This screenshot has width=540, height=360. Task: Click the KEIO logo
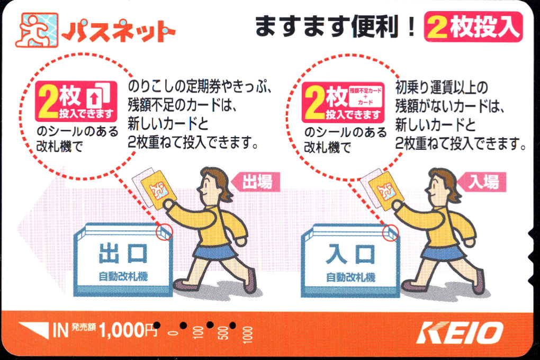point(459,332)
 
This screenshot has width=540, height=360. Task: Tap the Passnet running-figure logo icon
point(37,30)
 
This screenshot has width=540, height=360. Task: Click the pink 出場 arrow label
point(255,182)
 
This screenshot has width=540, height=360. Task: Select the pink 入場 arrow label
point(481,182)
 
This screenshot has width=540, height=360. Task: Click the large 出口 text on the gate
point(123,254)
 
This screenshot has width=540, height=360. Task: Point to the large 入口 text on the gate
point(350,254)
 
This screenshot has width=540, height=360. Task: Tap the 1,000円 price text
point(128,330)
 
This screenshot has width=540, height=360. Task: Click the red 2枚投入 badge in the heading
point(473,27)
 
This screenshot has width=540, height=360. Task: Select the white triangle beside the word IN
point(34,330)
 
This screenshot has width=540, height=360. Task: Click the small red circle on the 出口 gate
point(164,232)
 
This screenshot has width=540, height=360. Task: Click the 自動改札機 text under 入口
point(350,277)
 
